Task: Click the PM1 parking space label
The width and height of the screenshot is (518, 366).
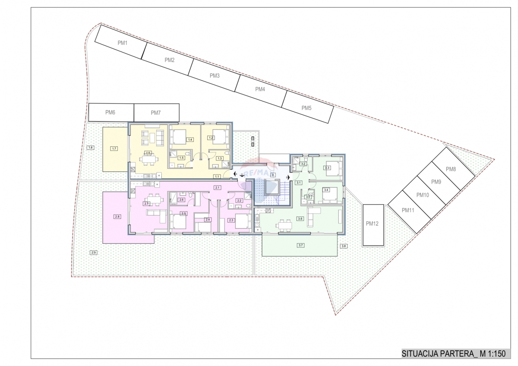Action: click(x=123, y=43)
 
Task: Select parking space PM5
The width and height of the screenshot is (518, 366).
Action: click(x=306, y=108)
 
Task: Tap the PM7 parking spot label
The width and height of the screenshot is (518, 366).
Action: click(x=156, y=113)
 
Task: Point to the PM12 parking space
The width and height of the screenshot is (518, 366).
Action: click(x=372, y=224)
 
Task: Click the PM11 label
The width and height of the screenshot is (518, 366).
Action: click(x=408, y=210)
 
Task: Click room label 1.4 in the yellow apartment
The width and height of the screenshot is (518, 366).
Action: click(x=190, y=139)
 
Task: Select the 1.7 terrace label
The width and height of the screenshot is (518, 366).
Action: click(x=114, y=148)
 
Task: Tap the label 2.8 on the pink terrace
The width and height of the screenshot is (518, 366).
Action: click(x=117, y=216)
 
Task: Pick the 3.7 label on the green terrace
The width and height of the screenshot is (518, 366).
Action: click(x=301, y=245)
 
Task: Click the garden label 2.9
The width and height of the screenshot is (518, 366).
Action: click(x=94, y=252)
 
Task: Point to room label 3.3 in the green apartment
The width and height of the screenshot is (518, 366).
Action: click(x=327, y=168)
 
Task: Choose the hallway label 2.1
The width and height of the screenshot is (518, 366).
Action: click(x=218, y=188)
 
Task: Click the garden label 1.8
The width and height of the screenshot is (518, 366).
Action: click(x=90, y=148)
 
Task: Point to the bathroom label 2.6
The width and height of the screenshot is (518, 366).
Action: click(x=182, y=200)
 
